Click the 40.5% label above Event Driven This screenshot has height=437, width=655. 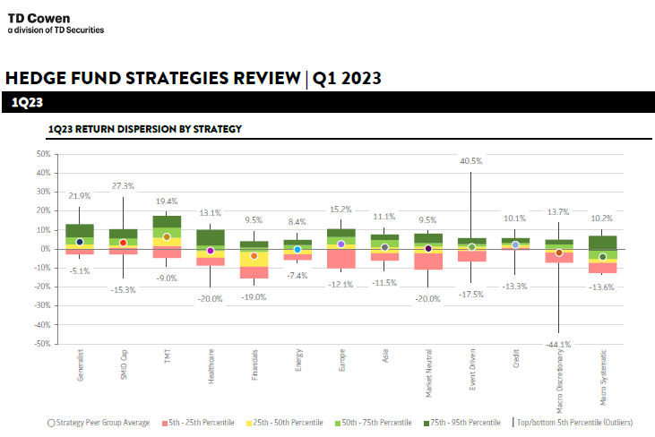[x=471, y=161]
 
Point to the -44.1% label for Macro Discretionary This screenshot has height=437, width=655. [x=558, y=343]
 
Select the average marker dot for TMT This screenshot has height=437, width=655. [x=167, y=236]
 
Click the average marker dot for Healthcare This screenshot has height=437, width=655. [x=210, y=251]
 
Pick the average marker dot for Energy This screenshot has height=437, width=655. [x=297, y=250]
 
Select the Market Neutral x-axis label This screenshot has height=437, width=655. [x=428, y=377]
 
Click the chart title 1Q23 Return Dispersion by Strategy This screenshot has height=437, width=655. [x=144, y=129]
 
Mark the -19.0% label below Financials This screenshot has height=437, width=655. [x=254, y=296]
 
